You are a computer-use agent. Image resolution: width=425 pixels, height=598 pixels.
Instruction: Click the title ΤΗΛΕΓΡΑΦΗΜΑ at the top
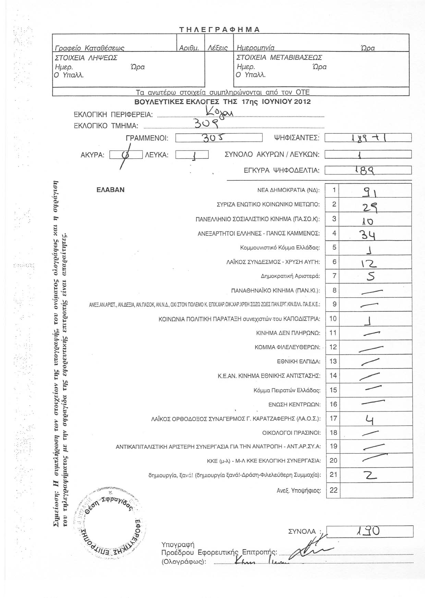point(219,29)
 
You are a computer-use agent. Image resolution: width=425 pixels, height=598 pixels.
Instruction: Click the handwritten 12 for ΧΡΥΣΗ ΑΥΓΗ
point(370,263)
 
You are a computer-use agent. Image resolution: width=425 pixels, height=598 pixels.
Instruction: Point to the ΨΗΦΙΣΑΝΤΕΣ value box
point(368,138)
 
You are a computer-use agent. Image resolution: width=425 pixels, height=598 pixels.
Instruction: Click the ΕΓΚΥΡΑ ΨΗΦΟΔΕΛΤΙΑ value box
point(368,170)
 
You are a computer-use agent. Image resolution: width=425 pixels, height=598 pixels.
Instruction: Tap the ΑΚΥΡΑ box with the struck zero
point(126,155)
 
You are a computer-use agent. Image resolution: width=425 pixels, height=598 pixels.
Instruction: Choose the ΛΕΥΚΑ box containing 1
point(192,155)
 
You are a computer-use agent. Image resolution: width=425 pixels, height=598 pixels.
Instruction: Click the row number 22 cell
point(333,490)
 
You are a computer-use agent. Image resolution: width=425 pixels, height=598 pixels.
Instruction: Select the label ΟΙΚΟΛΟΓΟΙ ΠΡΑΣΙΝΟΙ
point(291,433)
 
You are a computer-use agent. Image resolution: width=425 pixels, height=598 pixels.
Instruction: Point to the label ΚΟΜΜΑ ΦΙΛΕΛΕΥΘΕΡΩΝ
point(287,347)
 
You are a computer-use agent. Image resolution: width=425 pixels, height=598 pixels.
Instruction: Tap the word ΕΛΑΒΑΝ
point(110,190)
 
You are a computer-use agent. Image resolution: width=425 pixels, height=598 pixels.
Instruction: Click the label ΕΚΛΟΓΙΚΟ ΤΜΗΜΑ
point(106,126)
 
